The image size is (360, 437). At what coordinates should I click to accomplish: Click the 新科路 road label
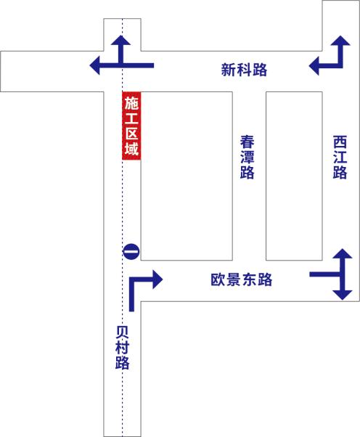tap(244, 70)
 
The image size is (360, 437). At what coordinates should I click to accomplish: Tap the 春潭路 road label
tap(247, 157)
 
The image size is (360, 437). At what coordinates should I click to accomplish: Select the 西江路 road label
tap(340, 157)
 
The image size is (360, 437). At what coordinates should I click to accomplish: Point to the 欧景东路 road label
tap(241, 279)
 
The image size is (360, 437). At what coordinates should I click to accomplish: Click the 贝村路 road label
tap(123, 348)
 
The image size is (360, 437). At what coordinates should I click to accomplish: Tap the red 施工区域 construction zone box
tap(131, 126)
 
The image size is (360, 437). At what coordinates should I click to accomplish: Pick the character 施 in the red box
tap(131, 103)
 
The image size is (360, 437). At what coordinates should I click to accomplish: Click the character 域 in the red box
tap(131, 148)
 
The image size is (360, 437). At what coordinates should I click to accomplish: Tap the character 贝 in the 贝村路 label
tap(123, 332)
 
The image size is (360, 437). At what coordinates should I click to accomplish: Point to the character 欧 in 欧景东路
tap(218, 279)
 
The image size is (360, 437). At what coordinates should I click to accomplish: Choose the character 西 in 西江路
tap(340, 142)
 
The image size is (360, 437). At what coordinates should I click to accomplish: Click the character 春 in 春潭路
tap(247, 142)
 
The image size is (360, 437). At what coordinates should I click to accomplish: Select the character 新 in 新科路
tap(229, 70)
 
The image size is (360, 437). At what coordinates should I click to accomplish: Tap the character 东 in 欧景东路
tap(250, 279)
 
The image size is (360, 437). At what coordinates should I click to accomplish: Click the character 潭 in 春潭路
tap(247, 157)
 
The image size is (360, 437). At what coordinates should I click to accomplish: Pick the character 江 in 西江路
tap(340, 157)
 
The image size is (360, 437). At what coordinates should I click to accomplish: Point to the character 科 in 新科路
tap(244, 70)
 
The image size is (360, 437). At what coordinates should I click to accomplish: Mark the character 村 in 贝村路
tap(123, 348)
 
